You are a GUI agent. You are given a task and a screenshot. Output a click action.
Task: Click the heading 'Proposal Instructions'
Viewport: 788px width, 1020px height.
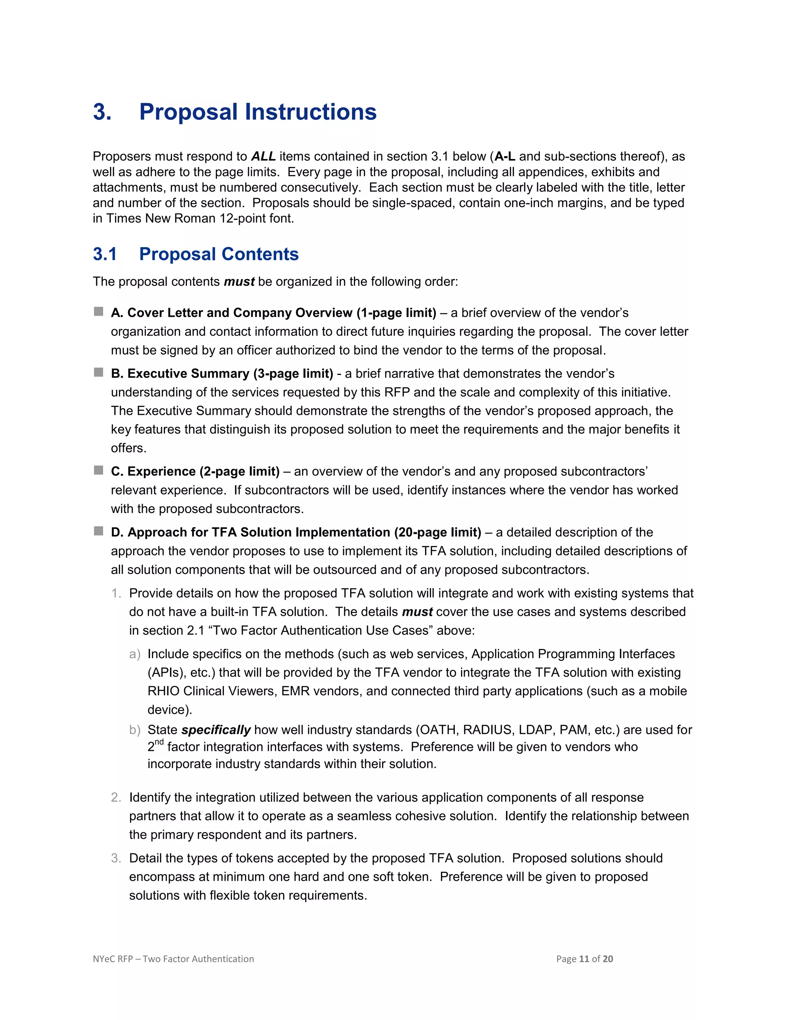(258, 112)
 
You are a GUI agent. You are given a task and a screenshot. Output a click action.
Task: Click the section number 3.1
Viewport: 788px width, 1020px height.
(105, 254)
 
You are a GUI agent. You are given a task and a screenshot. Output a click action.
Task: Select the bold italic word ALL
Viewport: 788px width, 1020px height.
(263, 156)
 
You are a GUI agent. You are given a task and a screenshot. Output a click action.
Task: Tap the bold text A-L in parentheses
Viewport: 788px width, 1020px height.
(505, 156)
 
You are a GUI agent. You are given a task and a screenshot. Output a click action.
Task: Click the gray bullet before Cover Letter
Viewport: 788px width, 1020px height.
(98, 311)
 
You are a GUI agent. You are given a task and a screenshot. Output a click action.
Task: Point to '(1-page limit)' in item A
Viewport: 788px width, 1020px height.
(396, 313)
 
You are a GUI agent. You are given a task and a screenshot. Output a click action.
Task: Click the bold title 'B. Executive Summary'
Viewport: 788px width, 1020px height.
(180, 374)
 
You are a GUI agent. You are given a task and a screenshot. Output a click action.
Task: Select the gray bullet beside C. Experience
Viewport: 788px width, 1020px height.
(98, 470)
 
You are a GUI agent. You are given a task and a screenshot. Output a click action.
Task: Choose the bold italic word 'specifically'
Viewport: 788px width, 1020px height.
(216, 730)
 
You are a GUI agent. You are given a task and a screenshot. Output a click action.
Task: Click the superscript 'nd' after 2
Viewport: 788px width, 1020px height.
(159, 742)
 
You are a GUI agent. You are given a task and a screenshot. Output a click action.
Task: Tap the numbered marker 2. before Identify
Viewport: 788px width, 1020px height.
(116, 798)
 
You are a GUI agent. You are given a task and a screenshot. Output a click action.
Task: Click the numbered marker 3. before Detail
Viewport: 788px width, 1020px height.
(116, 858)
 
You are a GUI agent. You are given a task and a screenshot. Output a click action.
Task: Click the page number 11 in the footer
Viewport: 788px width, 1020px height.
(584, 959)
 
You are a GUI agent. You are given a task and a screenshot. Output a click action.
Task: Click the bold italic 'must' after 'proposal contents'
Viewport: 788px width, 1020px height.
(239, 282)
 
